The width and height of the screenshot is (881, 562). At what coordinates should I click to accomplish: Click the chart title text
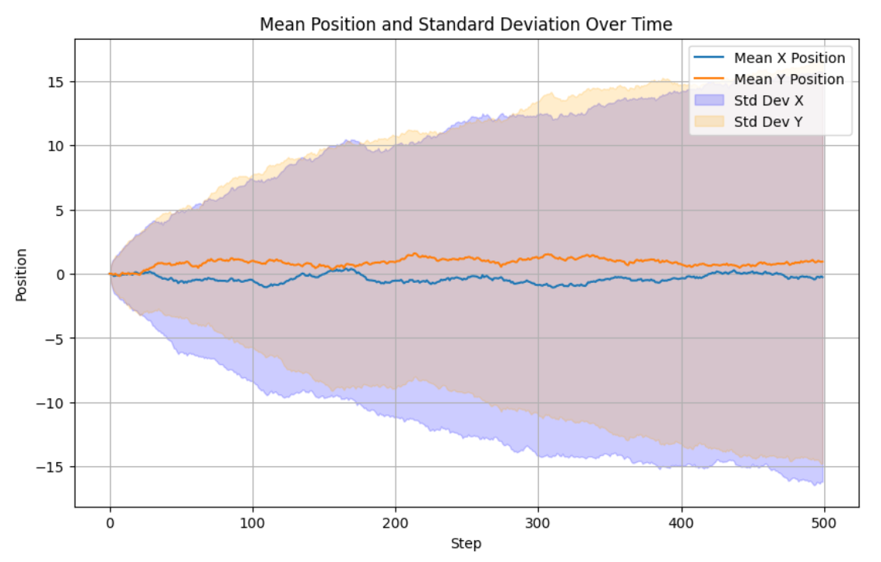point(466,25)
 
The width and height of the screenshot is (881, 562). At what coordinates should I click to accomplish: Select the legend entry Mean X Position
point(789,58)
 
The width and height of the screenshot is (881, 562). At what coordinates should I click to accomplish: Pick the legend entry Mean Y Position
point(789,80)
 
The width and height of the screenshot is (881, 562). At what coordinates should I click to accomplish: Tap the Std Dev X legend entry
point(769,101)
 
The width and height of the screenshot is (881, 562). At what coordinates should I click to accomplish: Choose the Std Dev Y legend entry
point(768,122)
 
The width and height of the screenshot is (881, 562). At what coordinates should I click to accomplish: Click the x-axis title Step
point(466,543)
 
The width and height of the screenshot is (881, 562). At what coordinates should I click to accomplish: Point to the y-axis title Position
point(21,274)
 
